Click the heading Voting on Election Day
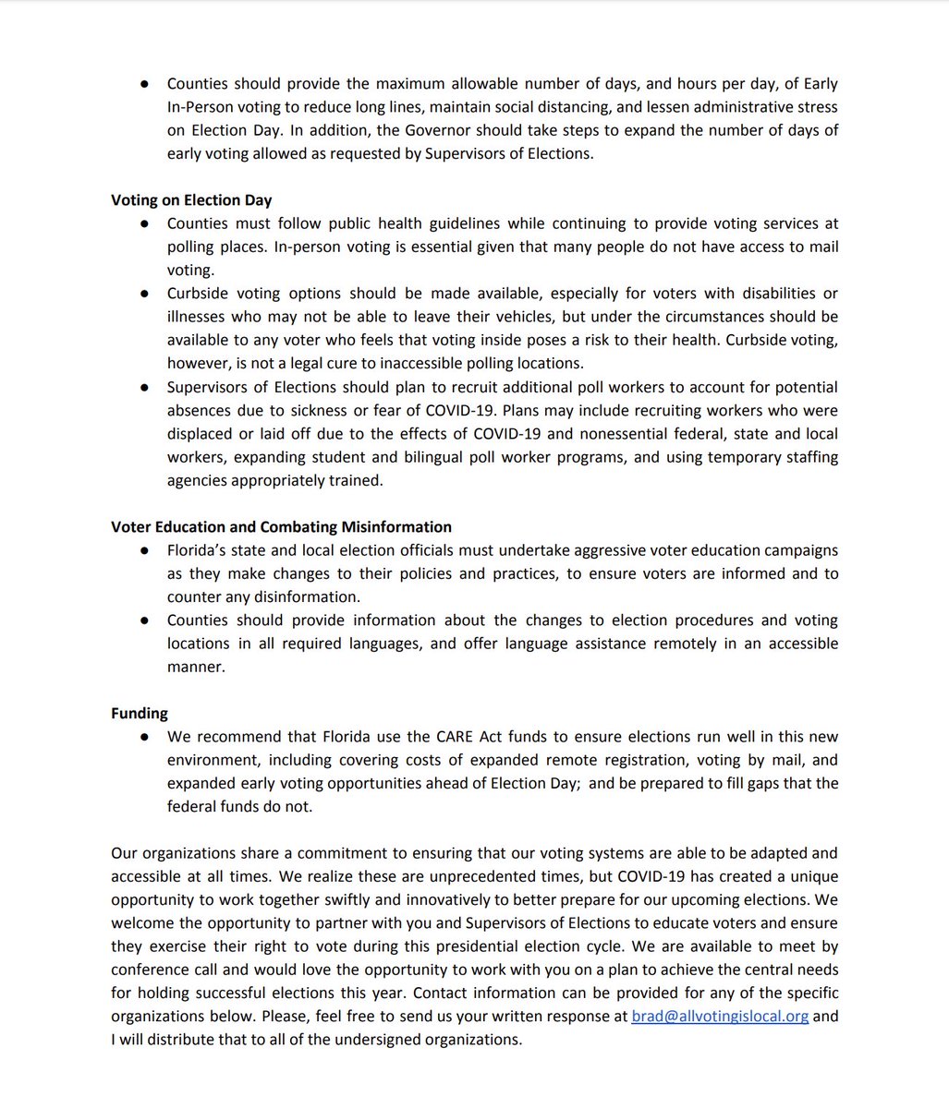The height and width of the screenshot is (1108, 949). [x=191, y=200]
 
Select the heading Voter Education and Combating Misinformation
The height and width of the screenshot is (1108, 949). [x=281, y=526]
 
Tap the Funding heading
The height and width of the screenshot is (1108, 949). [x=140, y=713]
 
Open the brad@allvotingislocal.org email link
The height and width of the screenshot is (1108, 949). [x=720, y=1016]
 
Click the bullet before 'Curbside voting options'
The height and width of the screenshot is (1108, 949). [x=145, y=294]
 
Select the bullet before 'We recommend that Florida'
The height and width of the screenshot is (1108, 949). [x=145, y=737]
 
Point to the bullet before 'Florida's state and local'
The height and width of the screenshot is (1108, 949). [x=145, y=550]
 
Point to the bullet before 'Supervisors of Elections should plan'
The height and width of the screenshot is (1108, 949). [x=145, y=387]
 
